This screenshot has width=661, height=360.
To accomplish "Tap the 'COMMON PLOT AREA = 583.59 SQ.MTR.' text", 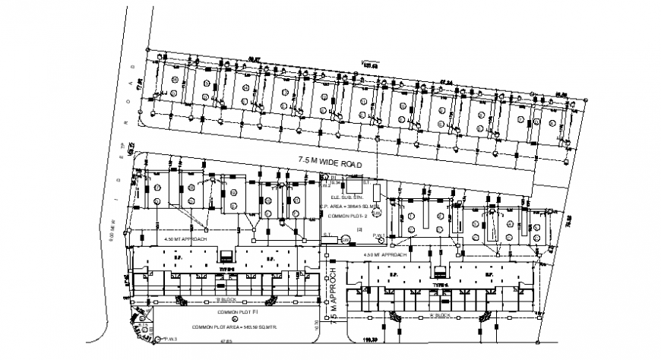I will (x=233, y=326).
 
